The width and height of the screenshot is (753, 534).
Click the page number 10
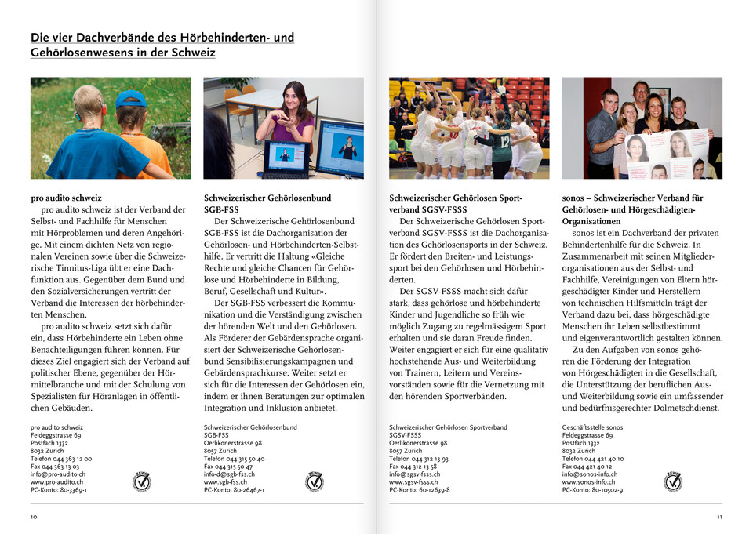coord(34,517)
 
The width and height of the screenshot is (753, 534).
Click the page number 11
coord(718,517)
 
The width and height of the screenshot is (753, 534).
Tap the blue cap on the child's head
coord(131,99)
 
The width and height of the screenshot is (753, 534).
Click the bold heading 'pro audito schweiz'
coord(66,198)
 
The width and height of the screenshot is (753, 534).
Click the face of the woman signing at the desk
coord(297,96)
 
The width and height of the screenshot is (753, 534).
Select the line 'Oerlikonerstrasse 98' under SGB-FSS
coord(233,442)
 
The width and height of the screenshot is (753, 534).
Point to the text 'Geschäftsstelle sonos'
coord(592,427)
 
